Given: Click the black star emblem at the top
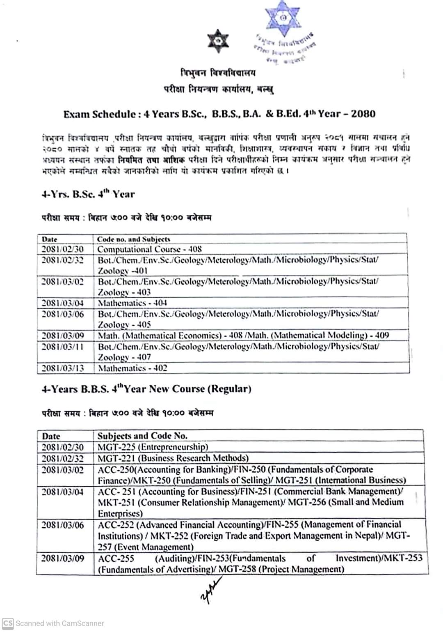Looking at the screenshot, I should (218, 41).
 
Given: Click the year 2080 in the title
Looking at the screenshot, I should (363, 114).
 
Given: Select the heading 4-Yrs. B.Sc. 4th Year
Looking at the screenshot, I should (88, 194).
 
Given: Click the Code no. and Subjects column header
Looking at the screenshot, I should (133, 239).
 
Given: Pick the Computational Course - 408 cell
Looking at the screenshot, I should (149, 249).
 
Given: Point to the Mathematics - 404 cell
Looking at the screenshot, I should (132, 303).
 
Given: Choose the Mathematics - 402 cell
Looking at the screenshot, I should (132, 368).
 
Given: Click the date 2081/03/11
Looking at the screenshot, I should (62, 347).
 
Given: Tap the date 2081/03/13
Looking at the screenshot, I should (62, 368).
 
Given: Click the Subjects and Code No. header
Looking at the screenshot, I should (142, 436).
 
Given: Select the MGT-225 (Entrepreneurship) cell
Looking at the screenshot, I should (153, 447).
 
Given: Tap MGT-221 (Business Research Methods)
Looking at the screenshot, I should (173, 458).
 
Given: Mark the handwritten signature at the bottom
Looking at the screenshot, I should (211, 590).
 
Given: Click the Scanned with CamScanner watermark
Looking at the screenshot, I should (53, 623).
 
